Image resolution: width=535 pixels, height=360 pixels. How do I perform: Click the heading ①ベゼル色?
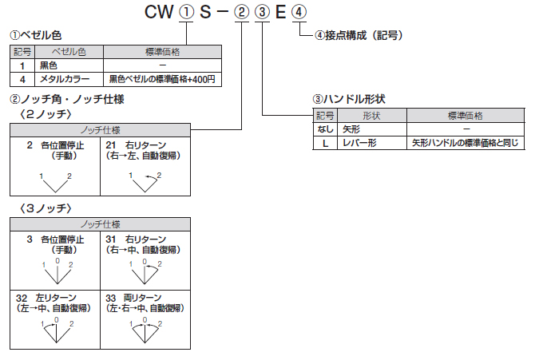35,37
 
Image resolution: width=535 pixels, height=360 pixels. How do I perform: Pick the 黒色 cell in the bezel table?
50,65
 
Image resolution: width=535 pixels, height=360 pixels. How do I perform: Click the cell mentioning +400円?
162,79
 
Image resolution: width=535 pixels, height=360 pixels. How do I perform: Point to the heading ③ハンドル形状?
349,100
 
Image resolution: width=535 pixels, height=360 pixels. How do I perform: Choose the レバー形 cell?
359,143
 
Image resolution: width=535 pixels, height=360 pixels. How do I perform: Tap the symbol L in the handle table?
325,143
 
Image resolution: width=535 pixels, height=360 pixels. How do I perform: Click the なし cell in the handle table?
325,129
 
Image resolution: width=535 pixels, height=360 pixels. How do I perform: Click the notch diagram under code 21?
145,181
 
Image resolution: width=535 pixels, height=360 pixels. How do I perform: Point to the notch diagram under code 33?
145,330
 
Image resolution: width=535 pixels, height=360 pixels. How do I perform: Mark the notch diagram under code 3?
56,271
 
